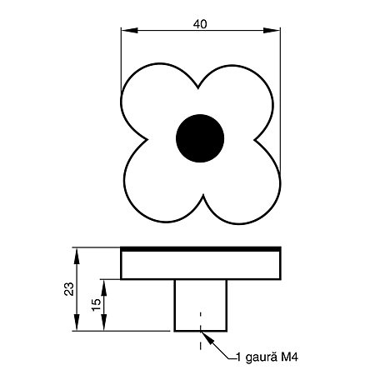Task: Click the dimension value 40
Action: (x=200, y=24)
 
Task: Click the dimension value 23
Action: (x=69, y=289)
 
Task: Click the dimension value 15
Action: (x=96, y=305)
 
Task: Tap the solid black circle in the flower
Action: (x=200, y=138)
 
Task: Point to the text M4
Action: (x=289, y=357)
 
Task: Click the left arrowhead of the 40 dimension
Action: (x=129, y=30)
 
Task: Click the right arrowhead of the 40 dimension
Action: (x=272, y=30)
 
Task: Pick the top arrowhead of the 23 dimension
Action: (x=77, y=256)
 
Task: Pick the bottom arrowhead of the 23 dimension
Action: (x=77, y=322)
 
